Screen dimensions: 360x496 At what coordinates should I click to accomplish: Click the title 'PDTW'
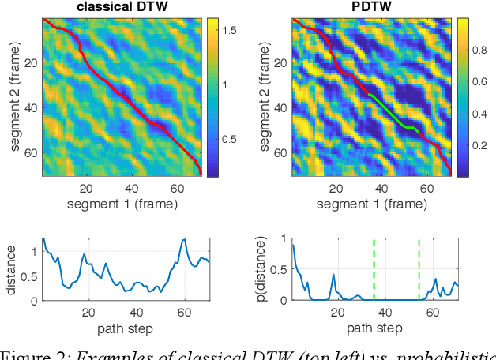(370, 8)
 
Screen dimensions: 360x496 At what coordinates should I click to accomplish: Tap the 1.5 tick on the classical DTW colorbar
(231, 28)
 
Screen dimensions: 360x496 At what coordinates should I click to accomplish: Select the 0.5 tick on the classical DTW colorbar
(231, 140)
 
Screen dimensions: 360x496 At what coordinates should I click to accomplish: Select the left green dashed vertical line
(374, 268)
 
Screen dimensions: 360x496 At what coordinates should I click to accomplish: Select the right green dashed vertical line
(419, 268)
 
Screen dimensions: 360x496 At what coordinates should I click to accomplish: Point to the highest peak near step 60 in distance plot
(184, 239)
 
